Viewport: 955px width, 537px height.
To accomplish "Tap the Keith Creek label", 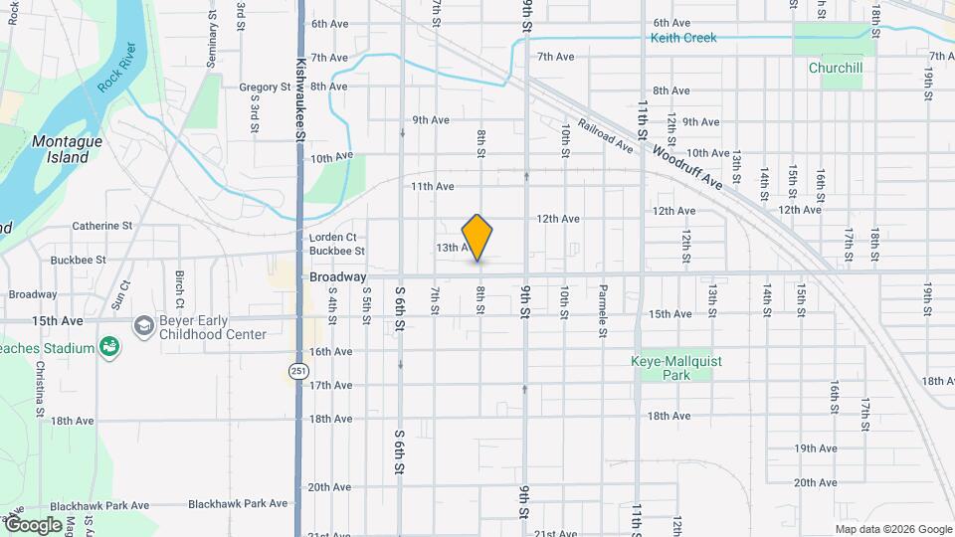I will pyautogui.click(x=682, y=39).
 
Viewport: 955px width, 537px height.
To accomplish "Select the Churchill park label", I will pyautogui.click(x=835, y=69).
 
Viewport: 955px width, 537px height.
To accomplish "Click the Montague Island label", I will pyautogui.click(x=67, y=149).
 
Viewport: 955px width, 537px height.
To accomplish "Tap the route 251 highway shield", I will pyautogui.click(x=298, y=371).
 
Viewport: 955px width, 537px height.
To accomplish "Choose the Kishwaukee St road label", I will pyautogui.click(x=299, y=89).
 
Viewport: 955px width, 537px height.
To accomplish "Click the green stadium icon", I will pyautogui.click(x=108, y=348).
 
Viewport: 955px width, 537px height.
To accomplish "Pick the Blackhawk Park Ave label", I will pyautogui.click(x=238, y=504).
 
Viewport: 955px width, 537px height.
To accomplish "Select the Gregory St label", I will pyautogui.click(x=264, y=88).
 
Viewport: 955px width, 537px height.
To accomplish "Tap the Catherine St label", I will pyautogui.click(x=101, y=226).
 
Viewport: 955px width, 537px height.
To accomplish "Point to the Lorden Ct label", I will pyautogui.click(x=332, y=238).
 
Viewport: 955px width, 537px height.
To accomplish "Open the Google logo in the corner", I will pyautogui.click(x=34, y=524).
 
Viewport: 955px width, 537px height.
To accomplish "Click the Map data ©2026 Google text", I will pyautogui.click(x=892, y=529).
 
